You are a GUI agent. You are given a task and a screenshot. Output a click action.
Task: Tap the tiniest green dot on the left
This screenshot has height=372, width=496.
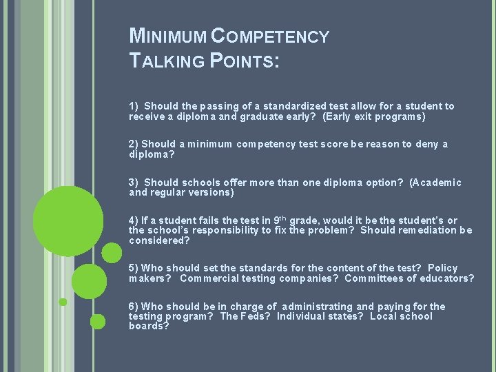click(x=63, y=302)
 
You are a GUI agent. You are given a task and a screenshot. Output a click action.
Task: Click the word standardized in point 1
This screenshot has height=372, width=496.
click(x=290, y=106)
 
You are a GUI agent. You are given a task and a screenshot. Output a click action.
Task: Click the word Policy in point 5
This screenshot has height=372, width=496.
click(x=442, y=268)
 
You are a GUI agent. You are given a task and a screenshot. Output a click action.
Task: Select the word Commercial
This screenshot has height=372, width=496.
click(x=213, y=278)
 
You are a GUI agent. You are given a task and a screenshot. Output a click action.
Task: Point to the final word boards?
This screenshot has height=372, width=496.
click(x=149, y=326)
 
